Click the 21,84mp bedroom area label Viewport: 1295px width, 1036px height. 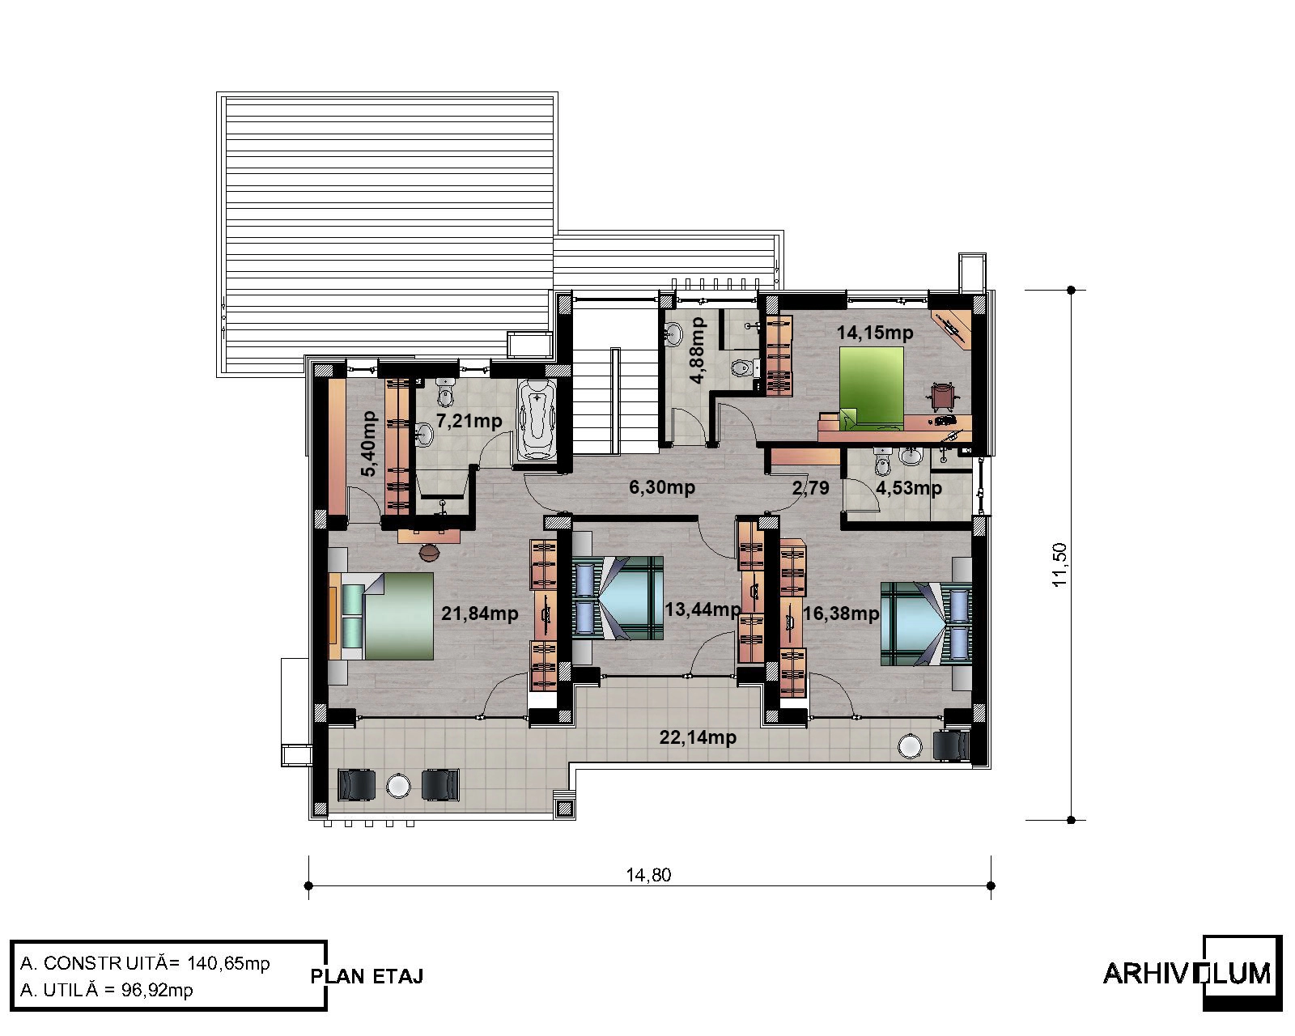click(480, 614)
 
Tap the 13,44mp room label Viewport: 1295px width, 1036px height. click(703, 609)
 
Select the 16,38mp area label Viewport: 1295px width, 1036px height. click(841, 614)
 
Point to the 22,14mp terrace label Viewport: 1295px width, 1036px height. click(698, 737)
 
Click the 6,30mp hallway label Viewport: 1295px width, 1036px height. click(662, 487)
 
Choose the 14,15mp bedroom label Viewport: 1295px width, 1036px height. click(875, 333)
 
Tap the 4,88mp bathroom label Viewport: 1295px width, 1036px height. click(698, 350)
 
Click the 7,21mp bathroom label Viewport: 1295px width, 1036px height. click(469, 421)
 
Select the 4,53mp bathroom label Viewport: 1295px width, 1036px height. click(909, 487)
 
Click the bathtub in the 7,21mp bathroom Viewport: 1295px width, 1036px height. click(536, 419)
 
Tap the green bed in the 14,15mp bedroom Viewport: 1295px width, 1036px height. click(871, 388)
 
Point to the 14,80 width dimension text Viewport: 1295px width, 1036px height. click(648, 875)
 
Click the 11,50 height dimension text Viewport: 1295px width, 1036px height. click(1059, 565)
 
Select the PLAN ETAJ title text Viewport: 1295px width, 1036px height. click(367, 976)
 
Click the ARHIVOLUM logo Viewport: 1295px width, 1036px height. click(1191, 974)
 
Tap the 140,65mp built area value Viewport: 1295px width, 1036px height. click(228, 964)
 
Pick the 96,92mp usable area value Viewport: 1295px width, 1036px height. click(157, 990)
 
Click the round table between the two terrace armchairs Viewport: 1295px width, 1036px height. click(397, 786)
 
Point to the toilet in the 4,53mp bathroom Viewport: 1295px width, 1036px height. click(883, 461)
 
